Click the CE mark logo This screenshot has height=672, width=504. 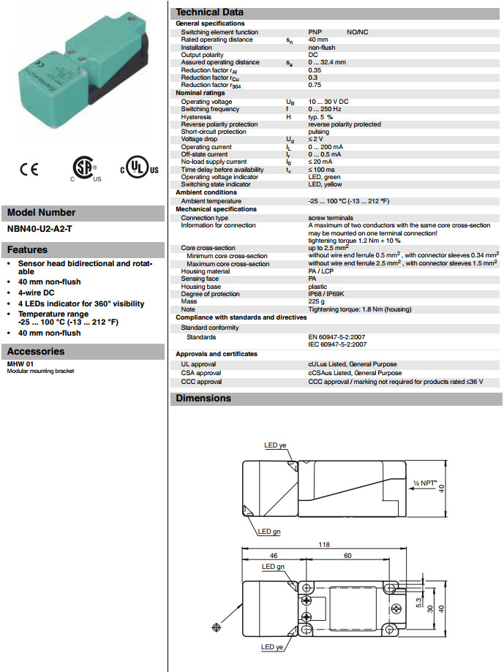[x=29, y=170]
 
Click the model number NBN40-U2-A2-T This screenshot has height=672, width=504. [x=40, y=228]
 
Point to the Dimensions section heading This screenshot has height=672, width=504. [x=203, y=399]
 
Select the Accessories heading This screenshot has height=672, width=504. [x=37, y=351]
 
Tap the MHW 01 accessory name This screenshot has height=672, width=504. [x=20, y=363]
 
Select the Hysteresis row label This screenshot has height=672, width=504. [x=196, y=117]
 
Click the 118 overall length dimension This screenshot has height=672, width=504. [x=323, y=545]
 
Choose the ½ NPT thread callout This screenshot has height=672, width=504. [x=425, y=483]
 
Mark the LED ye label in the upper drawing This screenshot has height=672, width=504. [x=277, y=445]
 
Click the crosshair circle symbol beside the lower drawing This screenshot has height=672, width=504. [x=216, y=627]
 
